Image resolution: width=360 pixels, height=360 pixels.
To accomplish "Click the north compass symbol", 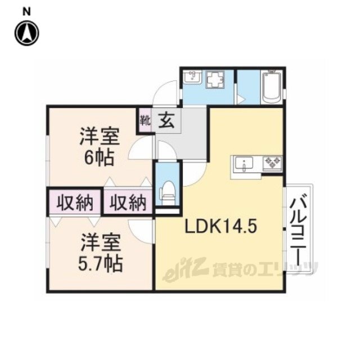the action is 27,33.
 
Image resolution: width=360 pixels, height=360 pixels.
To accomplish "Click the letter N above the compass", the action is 26,12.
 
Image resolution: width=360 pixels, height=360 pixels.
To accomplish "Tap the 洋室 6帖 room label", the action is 100,147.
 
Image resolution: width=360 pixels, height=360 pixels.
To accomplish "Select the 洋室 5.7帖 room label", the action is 100,252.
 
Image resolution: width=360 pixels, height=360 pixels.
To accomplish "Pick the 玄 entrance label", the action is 166,120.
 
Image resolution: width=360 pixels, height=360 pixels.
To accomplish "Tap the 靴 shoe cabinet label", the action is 146,120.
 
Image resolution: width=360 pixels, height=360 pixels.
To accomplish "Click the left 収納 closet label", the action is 75,202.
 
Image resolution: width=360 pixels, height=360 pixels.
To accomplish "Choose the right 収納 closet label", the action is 128,202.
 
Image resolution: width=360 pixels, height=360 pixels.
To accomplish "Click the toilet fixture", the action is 168,192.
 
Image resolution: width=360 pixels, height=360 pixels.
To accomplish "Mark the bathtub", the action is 272,87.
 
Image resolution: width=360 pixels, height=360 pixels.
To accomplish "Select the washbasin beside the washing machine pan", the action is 192,78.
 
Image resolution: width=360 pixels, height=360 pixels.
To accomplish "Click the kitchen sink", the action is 244,164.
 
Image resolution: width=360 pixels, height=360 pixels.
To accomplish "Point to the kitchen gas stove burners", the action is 272,163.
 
